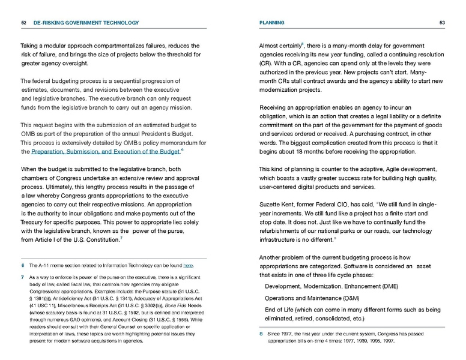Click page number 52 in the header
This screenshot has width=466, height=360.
(x=23, y=23)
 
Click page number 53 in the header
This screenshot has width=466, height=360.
(x=442, y=23)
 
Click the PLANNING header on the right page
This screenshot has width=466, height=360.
(x=271, y=23)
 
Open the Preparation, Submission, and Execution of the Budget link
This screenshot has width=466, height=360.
(x=105, y=152)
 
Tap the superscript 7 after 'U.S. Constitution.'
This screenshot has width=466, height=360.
(x=123, y=239)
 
